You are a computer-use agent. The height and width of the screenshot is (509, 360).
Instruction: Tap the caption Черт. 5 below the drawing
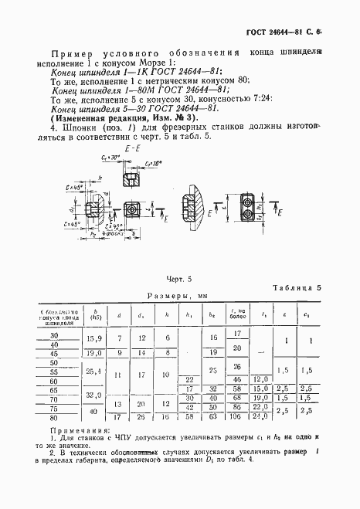pyautogui.click(x=180, y=276)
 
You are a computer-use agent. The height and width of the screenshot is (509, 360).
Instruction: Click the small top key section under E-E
pyautogui.click(x=129, y=179)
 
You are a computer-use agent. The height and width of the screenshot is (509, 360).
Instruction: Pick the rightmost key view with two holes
pyautogui.click(x=249, y=209)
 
